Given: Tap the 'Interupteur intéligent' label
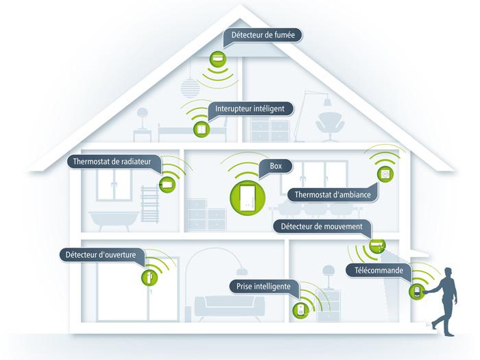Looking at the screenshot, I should pyautogui.click(x=254, y=109).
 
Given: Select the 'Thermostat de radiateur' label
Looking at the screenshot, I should pyautogui.click(x=115, y=163).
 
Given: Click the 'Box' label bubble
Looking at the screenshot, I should pyautogui.click(x=276, y=166).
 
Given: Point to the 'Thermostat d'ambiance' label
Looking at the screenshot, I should pyautogui.click(x=333, y=195).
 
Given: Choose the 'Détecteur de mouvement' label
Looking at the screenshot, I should pyautogui.click(x=322, y=226).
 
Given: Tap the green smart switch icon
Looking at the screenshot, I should pyautogui.click(x=201, y=128).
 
